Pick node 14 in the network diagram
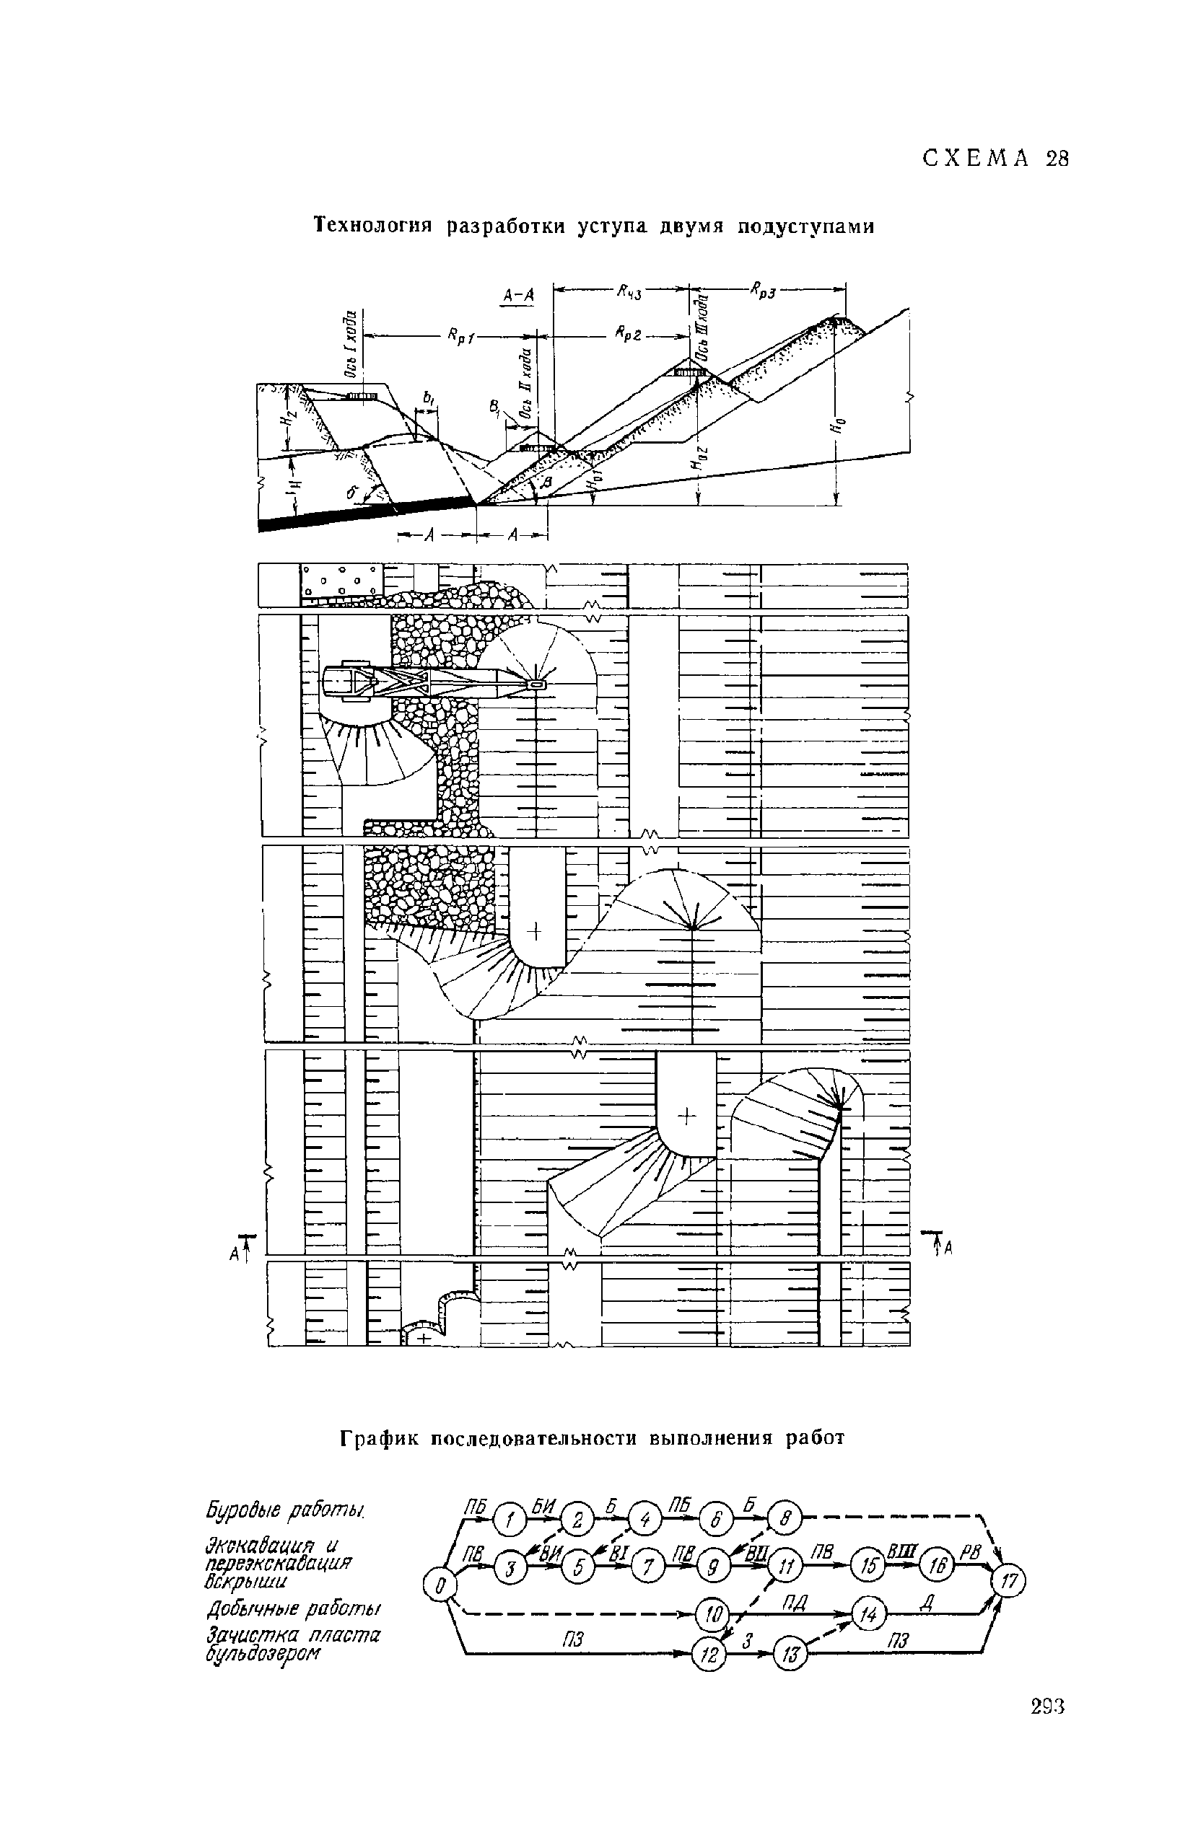(x=870, y=1614)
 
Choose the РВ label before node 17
(x=967, y=1549)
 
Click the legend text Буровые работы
(x=285, y=1510)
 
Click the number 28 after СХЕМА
(x=1057, y=159)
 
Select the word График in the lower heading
(x=379, y=1437)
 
